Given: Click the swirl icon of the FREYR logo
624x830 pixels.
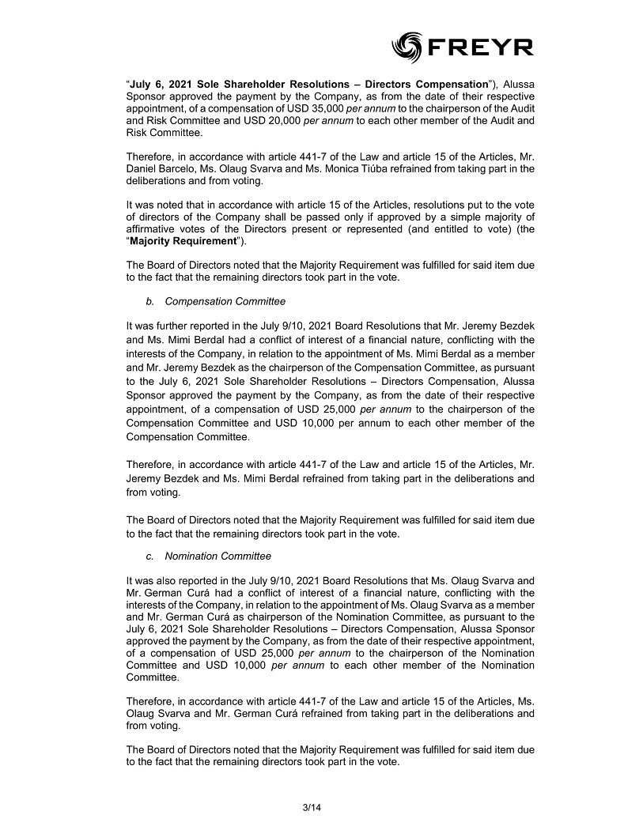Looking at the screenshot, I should pyautogui.click(x=408, y=47).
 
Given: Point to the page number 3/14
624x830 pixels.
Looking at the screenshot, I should pyautogui.click(x=312, y=807).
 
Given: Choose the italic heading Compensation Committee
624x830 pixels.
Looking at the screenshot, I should pyautogui.click(x=225, y=301).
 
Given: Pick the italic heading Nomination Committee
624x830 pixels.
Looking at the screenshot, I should pyautogui.click(x=217, y=556).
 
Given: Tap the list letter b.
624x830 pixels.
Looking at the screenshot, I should pyautogui.click(x=149, y=301).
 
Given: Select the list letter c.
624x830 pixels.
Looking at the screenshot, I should pyautogui.click(x=149, y=556).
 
